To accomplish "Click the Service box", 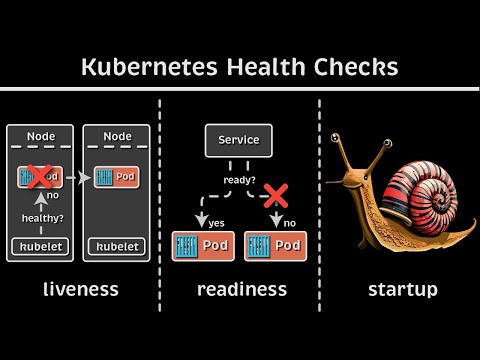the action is click(239, 140).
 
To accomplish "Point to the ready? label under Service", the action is click(240, 181).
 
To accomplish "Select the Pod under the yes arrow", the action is click(203, 245).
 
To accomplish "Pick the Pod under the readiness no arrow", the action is click(273, 245).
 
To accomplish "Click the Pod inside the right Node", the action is click(117, 178).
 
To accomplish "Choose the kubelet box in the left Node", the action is click(40, 246).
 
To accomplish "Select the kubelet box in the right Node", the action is click(117, 246).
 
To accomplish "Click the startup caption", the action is click(400, 290).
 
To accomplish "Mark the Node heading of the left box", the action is click(40, 136).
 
